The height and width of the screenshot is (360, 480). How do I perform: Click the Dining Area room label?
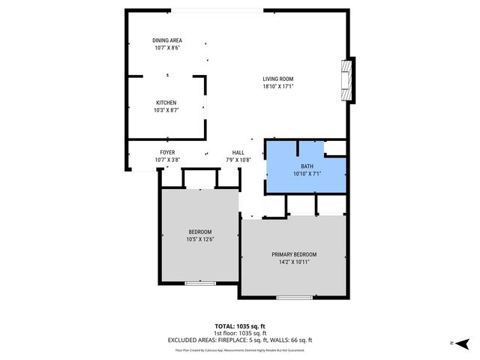click(168, 40)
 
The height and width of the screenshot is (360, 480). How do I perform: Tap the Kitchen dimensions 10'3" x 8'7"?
click(166, 110)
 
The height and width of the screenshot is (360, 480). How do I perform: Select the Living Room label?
click(277, 79)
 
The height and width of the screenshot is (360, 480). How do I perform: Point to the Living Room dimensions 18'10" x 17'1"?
click(277, 86)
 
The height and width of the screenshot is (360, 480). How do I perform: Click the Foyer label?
click(167, 152)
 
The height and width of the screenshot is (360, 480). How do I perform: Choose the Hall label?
click(238, 152)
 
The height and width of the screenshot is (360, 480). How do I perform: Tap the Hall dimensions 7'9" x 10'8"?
click(238, 160)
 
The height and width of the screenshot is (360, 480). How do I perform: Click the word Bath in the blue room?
click(307, 166)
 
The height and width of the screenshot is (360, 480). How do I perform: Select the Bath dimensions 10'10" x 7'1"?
click(307, 174)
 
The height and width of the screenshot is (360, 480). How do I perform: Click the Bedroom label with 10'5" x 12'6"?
click(200, 232)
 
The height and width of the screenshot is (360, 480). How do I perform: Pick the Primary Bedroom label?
click(294, 254)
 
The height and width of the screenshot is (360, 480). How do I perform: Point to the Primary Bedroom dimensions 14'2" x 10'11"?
click(294, 262)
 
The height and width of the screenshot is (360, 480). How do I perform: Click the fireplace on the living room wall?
click(347, 80)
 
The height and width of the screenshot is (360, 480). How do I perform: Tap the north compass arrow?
click(463, 343)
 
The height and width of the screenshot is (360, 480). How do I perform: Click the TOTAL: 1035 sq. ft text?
click(240, 326)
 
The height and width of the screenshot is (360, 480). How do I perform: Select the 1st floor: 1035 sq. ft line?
click(240, 333)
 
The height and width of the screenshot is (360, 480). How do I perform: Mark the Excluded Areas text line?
click(240, 340)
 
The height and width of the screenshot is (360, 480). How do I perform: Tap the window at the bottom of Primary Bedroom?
click(294, 298)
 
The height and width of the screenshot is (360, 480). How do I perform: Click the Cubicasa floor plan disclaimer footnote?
click(240, 349)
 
